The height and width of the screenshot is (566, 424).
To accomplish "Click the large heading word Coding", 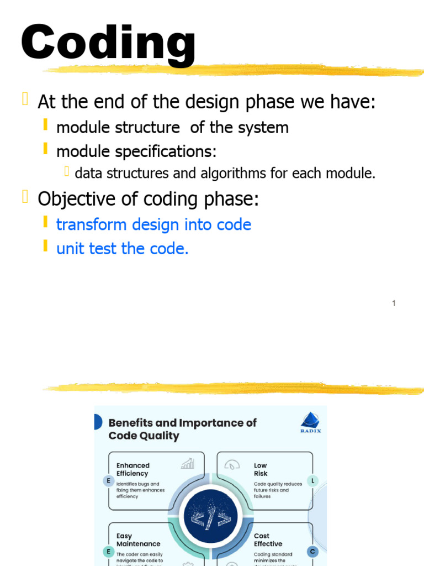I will pyautogui.click(x=108, y=43).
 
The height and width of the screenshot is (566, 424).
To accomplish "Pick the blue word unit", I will pyautogui.click(x=70, y=249).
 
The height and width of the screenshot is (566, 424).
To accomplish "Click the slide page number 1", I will pyautogui.click(x=394, y=303).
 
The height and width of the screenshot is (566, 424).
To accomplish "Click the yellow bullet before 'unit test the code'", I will pyautogui.click(x=45, y=247).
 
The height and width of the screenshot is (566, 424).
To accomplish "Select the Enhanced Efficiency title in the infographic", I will pyautogui.click(x=132, y=469).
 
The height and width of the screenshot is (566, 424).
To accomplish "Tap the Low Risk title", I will pyautogui.click(x=261, y=469).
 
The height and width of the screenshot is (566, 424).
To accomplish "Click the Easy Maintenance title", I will pyautogui.click(x=138, y=540).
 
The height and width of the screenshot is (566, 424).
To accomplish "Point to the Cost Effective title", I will pyautogui.click(x=268, y=540).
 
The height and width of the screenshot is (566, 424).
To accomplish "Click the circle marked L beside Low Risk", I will pyautogui.click(x=312, y=481).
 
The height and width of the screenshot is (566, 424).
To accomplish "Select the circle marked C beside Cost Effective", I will pyautogui.click(x=312, y=551).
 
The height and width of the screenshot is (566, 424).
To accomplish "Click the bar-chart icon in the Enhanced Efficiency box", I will pyautogui.click(x=188, y=463).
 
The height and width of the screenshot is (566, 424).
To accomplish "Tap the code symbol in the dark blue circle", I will pyautogui.click(x=210, y=518).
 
